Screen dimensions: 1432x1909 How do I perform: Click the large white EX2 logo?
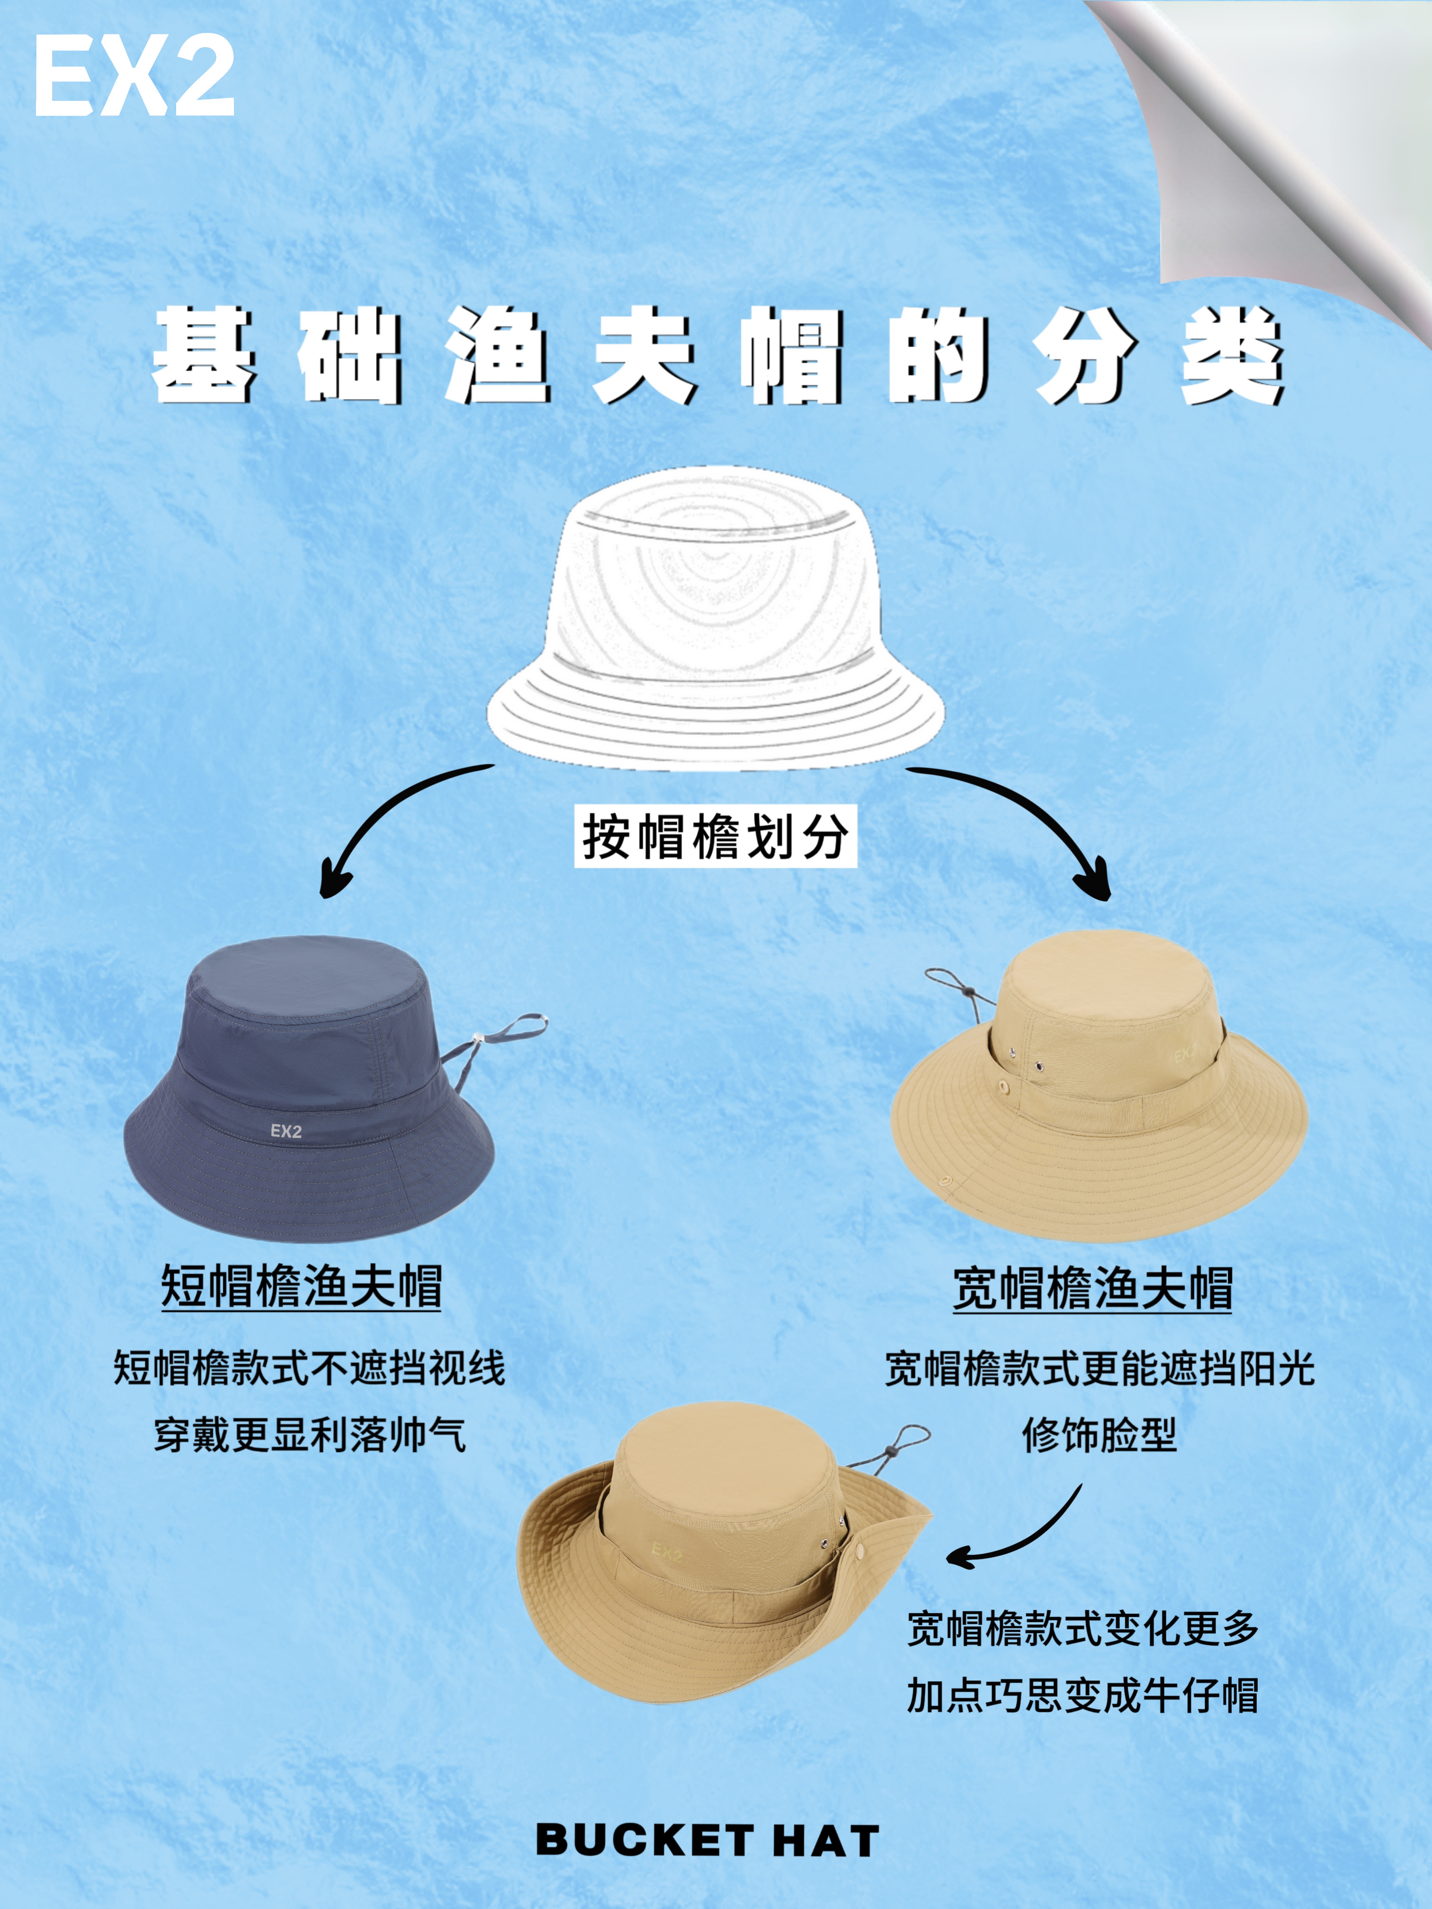(134, 78)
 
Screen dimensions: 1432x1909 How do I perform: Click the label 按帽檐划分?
(716, 835)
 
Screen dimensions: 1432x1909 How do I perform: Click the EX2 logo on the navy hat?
(286, 1131)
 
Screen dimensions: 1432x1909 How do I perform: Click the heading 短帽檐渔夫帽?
(301, 1287)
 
